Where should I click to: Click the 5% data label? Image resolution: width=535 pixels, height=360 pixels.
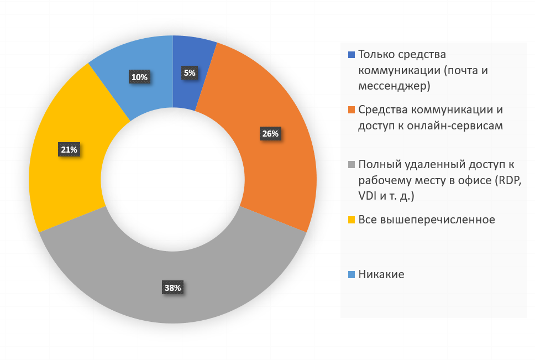click(x=189, y=72)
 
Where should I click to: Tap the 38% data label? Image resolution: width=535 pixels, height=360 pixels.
click(x=172, y=288)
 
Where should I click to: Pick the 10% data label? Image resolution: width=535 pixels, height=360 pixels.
click(x=139, y=77)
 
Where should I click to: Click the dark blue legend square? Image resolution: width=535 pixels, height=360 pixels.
click(x=351, y=55)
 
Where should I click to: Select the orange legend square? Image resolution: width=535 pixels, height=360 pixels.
click(x=351, y=109)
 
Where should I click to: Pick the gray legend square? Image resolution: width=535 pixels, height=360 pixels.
click(x=351, y=164)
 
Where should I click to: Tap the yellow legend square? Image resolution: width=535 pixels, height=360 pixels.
click(x=351, y=220)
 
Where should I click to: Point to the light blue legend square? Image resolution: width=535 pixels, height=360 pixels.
click(x=351, y=274)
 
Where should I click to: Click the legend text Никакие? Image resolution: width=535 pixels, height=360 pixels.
click(x=381, y=274)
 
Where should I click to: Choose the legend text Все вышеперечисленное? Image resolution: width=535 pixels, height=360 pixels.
click(x=426, y=220)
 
